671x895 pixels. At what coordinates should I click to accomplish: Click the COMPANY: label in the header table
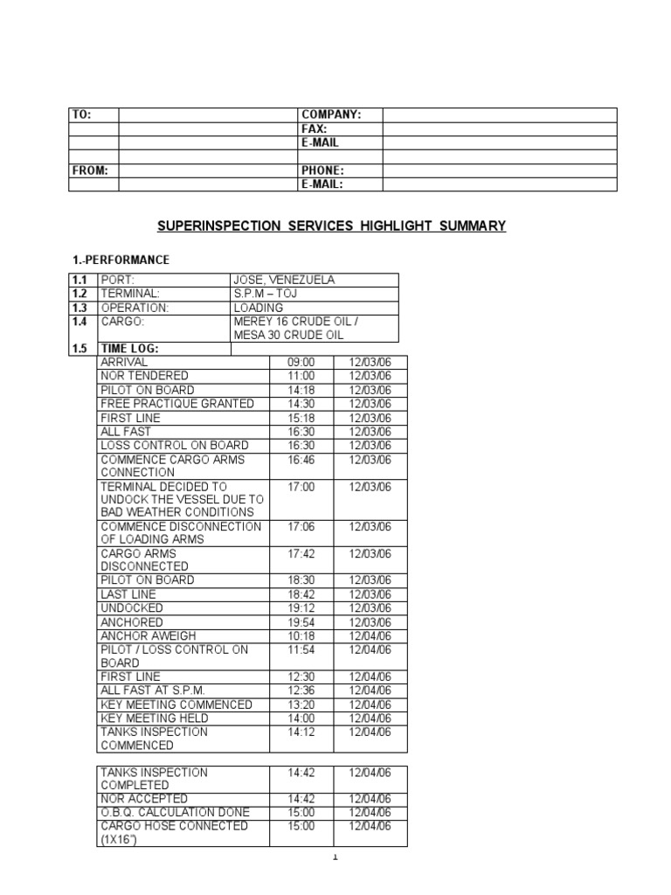pos(330,114)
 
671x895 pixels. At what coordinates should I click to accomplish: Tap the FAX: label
pos(315,128)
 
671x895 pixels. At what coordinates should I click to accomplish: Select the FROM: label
pos(90,170)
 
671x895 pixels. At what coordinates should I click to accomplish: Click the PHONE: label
pos(322,170)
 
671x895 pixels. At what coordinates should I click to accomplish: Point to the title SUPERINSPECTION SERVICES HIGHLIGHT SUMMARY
pos(332,226)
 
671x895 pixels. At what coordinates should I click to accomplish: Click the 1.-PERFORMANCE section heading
pos(121,260)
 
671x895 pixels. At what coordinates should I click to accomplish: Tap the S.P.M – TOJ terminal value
pos(266,294)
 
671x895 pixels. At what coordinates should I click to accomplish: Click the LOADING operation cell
pos(259,308)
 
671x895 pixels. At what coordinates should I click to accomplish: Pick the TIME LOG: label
pos(130,349)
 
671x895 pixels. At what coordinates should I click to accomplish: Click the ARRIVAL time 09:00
pos(301,362)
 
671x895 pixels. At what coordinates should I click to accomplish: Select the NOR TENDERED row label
pos(144,376)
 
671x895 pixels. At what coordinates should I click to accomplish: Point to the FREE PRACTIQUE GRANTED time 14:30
pos(301,404)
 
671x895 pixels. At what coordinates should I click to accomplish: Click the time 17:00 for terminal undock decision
pos(301,487)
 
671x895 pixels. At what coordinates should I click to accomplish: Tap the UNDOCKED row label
pos(132,607)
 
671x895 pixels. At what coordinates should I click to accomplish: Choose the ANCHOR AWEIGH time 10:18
pos(301,635)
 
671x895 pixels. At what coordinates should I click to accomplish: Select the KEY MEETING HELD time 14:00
pos(301,718)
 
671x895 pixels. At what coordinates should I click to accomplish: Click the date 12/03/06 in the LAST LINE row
pos(370,593)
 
